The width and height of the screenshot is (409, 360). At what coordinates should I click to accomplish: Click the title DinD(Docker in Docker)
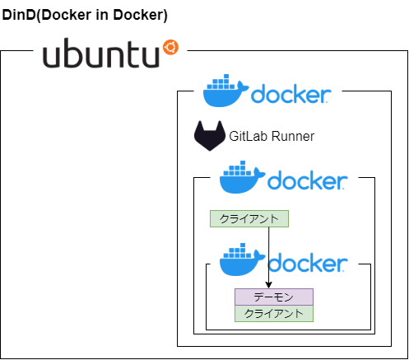85,15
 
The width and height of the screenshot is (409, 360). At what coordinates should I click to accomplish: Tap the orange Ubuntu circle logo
170,47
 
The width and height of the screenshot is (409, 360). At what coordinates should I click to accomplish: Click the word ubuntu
101,53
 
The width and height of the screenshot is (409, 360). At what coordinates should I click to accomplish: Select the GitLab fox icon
210,136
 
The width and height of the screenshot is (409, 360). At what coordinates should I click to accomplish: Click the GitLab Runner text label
272,136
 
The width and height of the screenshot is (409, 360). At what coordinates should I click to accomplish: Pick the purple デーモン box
274,297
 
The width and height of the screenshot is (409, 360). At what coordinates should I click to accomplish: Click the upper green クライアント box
249,218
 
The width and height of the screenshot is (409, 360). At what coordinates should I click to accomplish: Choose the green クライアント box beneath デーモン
274,313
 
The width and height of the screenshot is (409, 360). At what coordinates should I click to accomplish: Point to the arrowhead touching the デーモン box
269,285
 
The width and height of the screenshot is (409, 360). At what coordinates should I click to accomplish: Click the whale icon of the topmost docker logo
225,91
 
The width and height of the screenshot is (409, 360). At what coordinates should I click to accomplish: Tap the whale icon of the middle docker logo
242,177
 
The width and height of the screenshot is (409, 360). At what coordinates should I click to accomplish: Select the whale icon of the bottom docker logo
242,259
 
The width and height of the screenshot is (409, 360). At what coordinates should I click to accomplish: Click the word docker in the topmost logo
291,94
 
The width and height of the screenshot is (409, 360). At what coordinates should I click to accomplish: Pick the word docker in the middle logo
308,180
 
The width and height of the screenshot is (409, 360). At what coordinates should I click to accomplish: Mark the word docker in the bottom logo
308,263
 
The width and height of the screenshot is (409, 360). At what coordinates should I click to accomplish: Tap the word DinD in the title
19,15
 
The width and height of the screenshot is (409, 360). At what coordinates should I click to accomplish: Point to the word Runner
293,136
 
